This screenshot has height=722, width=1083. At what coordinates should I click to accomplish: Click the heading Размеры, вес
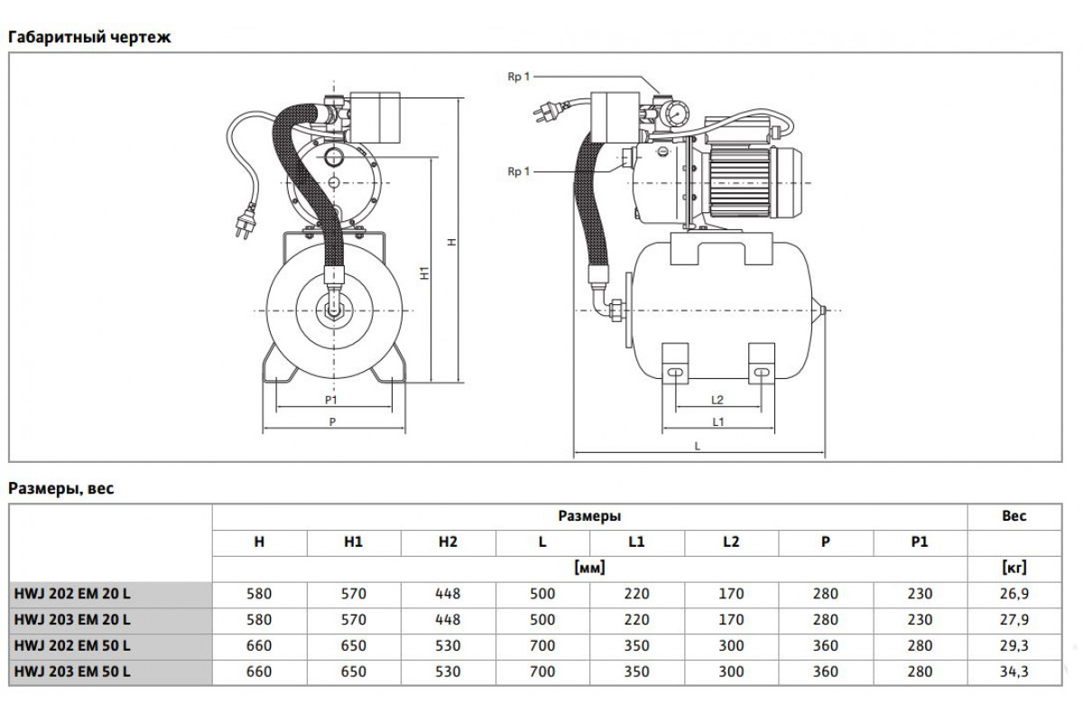click(61, 489)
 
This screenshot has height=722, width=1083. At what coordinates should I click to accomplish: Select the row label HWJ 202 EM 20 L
click(72, 594)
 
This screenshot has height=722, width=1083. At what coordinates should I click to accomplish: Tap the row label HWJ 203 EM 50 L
click(72, 671)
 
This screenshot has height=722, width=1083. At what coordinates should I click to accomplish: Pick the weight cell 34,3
click(1014, 671)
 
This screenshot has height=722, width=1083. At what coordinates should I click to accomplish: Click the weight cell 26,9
click(1014, 594)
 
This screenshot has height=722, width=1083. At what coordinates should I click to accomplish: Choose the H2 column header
click(447, 542)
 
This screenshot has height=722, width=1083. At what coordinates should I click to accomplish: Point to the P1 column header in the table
click(920, 542)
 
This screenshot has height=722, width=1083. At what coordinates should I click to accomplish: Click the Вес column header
click(1014, 517)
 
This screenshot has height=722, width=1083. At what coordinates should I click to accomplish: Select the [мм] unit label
click(588, 569)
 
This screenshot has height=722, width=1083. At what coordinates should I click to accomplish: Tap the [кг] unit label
click(1014, 569)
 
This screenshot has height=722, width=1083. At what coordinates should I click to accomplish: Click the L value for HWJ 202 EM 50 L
click(541, 646)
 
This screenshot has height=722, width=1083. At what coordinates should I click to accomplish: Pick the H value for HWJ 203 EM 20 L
click(259, 620)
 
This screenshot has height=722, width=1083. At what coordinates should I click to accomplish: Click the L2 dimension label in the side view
click(718, 398)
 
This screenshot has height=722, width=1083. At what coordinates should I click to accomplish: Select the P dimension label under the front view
click(332, 421)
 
